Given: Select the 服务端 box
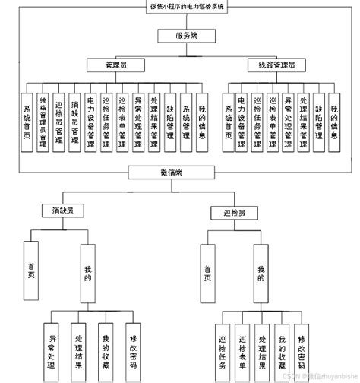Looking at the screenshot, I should pyautogui.click(x=186, y=36).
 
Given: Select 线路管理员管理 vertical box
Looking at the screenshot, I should pyautogui.click(x=43, y=122).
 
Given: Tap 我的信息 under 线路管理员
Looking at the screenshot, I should pyautogui.click(x=334, y=122).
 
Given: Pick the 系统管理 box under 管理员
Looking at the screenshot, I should pyautogui.click(x=186, y=122).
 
